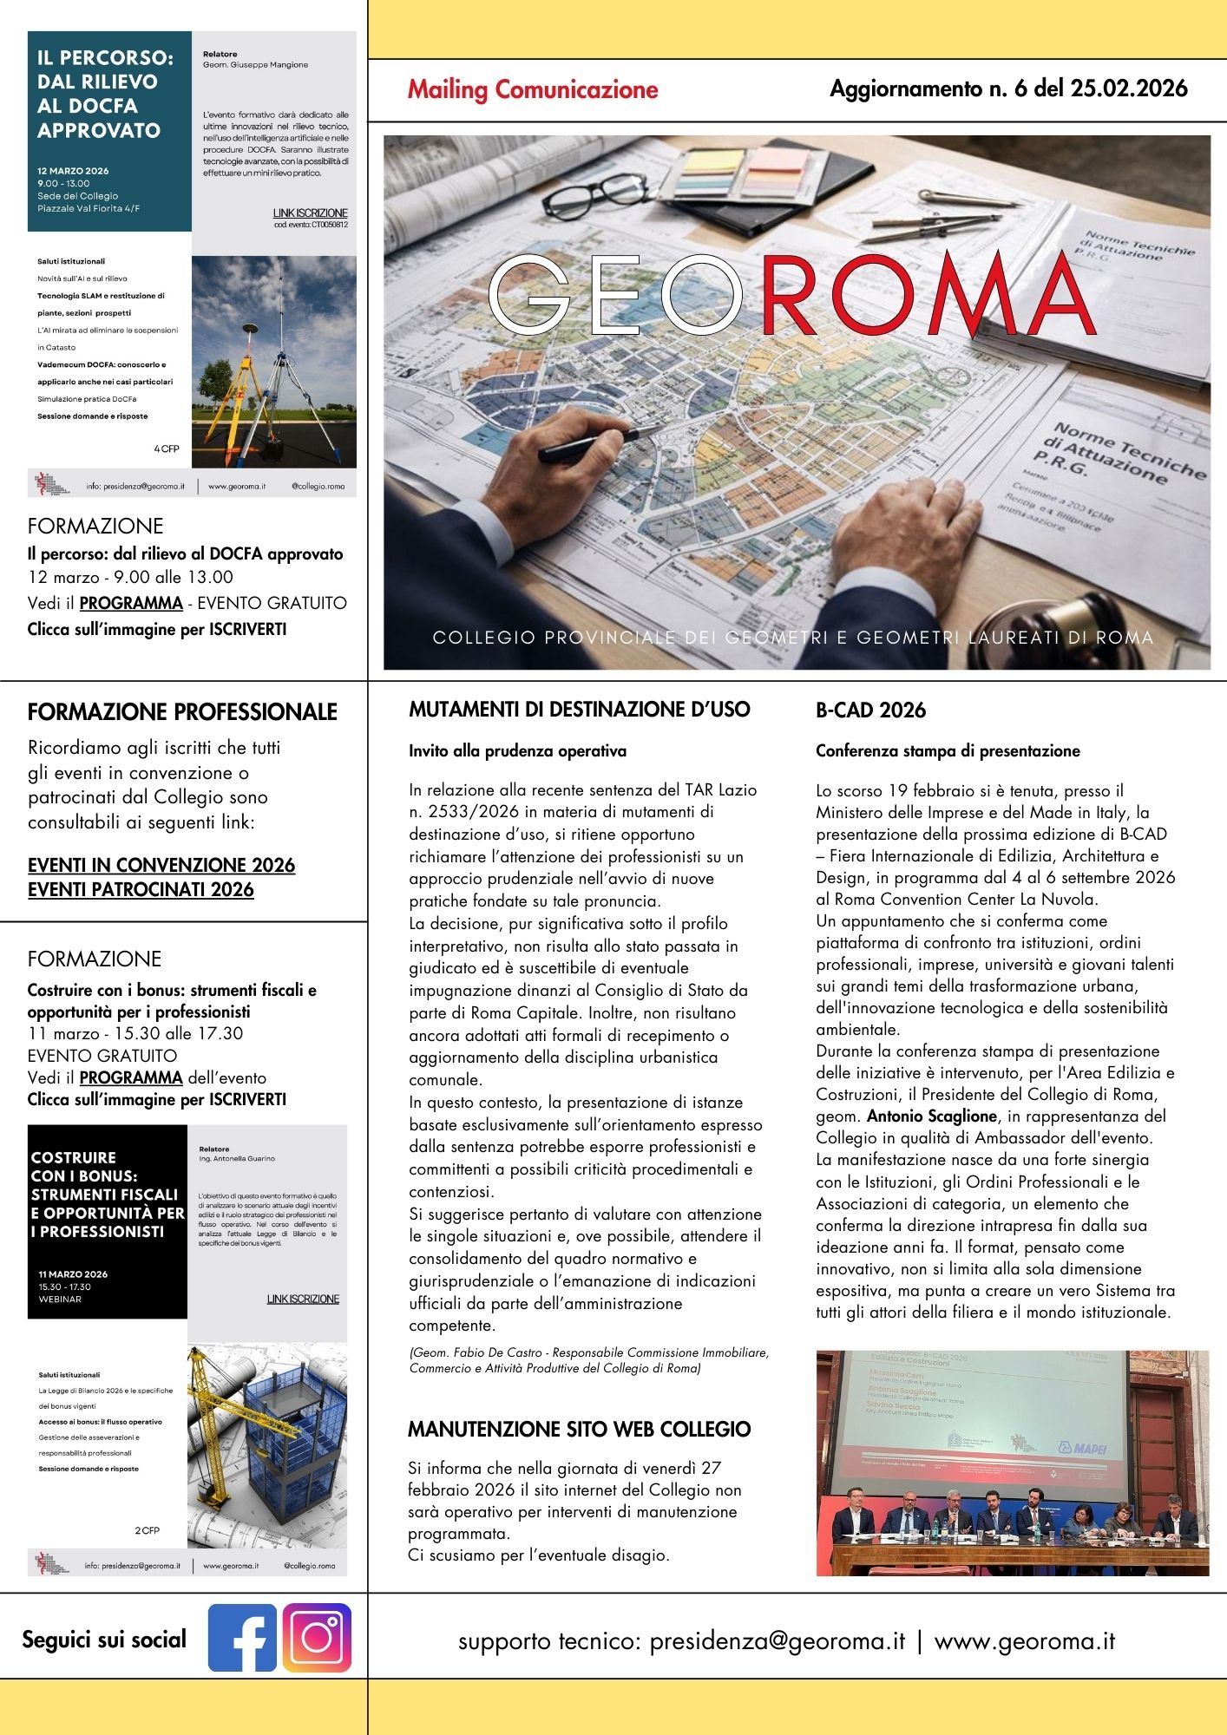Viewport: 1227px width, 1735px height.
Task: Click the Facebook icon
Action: point(242,1638)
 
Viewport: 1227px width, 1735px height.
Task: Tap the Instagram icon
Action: point(317,1638)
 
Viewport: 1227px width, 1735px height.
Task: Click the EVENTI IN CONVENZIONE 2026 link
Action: point(161,865)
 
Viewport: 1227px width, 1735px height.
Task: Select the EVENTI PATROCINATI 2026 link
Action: point(141,889)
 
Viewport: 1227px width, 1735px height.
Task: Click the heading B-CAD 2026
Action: point(870,710)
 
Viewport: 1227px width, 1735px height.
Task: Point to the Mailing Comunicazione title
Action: point(533,89)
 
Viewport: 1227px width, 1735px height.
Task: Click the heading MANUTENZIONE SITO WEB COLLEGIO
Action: point(579,1429)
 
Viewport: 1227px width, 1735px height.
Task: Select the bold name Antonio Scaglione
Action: point(932,1116)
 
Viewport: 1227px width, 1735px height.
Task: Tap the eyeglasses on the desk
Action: point(590,195)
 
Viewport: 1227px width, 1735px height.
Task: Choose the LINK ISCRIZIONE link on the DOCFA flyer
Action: point(310,213)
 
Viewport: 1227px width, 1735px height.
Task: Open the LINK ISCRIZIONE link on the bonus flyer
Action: point(303,1299)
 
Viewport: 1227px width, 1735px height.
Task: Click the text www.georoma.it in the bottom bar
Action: point(1024,1641)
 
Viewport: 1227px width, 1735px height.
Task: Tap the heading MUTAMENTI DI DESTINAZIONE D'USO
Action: point(579,710)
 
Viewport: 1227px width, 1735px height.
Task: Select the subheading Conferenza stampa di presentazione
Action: point(948,751)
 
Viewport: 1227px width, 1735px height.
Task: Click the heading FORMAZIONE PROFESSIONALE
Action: point(182,712)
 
